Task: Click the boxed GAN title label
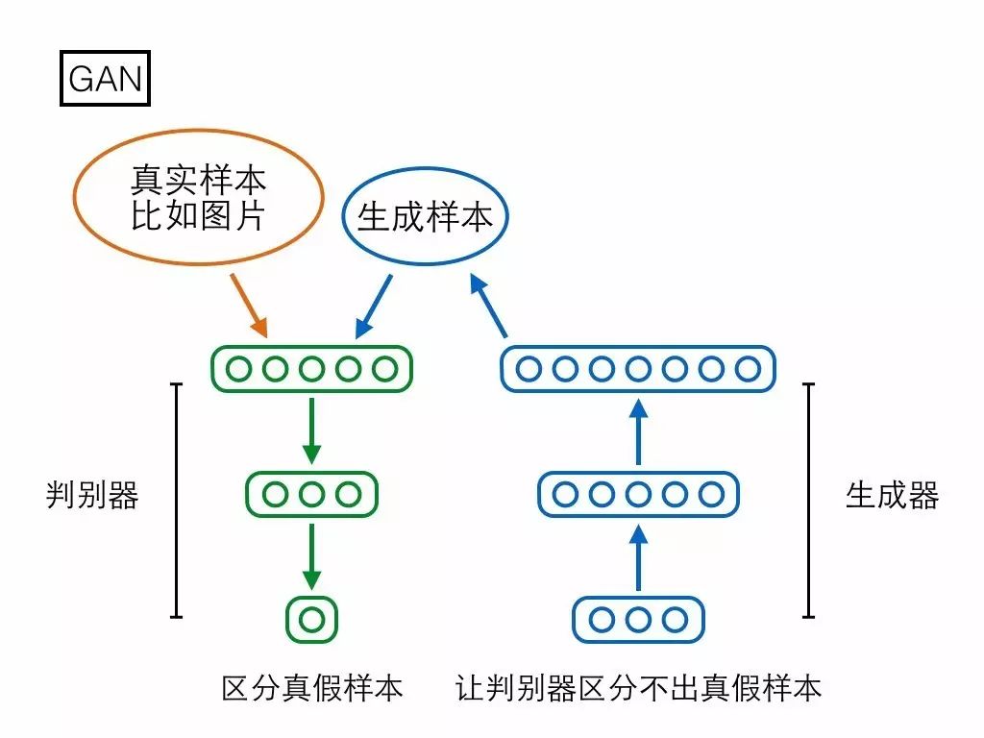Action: click(105, 78)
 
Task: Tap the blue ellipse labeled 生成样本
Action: click(425, 217)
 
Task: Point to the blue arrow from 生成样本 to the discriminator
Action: click(374, 307)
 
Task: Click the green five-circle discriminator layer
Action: click(311, 368)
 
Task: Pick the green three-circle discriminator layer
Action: click(311, 494)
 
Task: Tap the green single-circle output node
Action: click(311, 619)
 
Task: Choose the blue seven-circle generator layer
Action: click(637, 368)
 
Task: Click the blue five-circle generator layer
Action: click(637, 494)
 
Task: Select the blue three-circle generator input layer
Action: click(637, 619)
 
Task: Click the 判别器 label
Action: click(92, 496)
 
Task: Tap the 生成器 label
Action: click(892, 496)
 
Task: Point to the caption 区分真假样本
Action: click(311, 688)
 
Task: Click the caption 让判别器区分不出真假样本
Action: click(639, 688)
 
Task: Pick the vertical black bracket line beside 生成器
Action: click(809, 500)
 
